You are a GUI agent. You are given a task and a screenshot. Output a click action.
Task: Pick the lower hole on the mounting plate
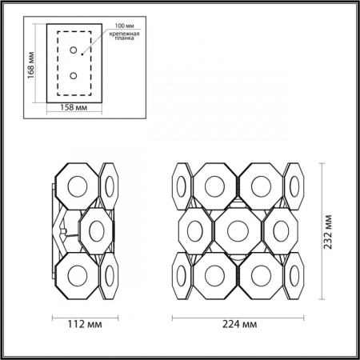[x=74, y=76]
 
